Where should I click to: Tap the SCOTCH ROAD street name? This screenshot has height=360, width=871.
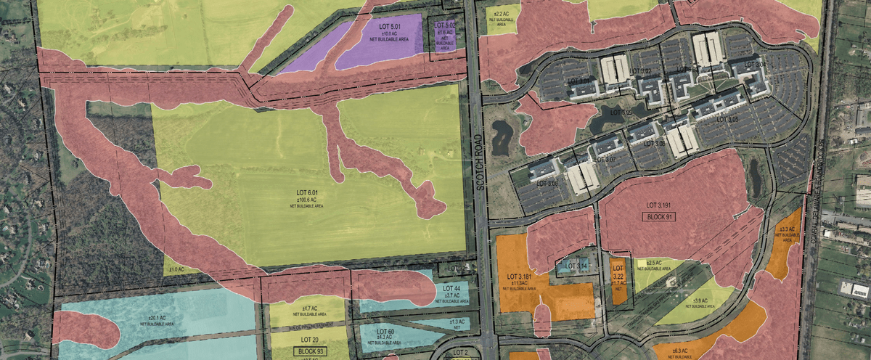pyautogui.click(x=480, y=162)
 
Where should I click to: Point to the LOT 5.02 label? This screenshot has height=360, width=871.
pyautogui.click(x=444, y=25)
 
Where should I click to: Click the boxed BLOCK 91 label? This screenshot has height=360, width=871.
pyautogui.click(x=661, y=217)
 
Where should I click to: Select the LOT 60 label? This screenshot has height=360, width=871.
pyautogui.click(x=385, y=332)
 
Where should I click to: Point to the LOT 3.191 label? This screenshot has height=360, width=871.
pyautogui.click(x=661, y=205)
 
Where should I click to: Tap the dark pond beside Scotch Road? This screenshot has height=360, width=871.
pyautogui.click(x=501, y=136)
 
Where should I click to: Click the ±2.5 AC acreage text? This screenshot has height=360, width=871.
pyautogui.click(x=653, y=262)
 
